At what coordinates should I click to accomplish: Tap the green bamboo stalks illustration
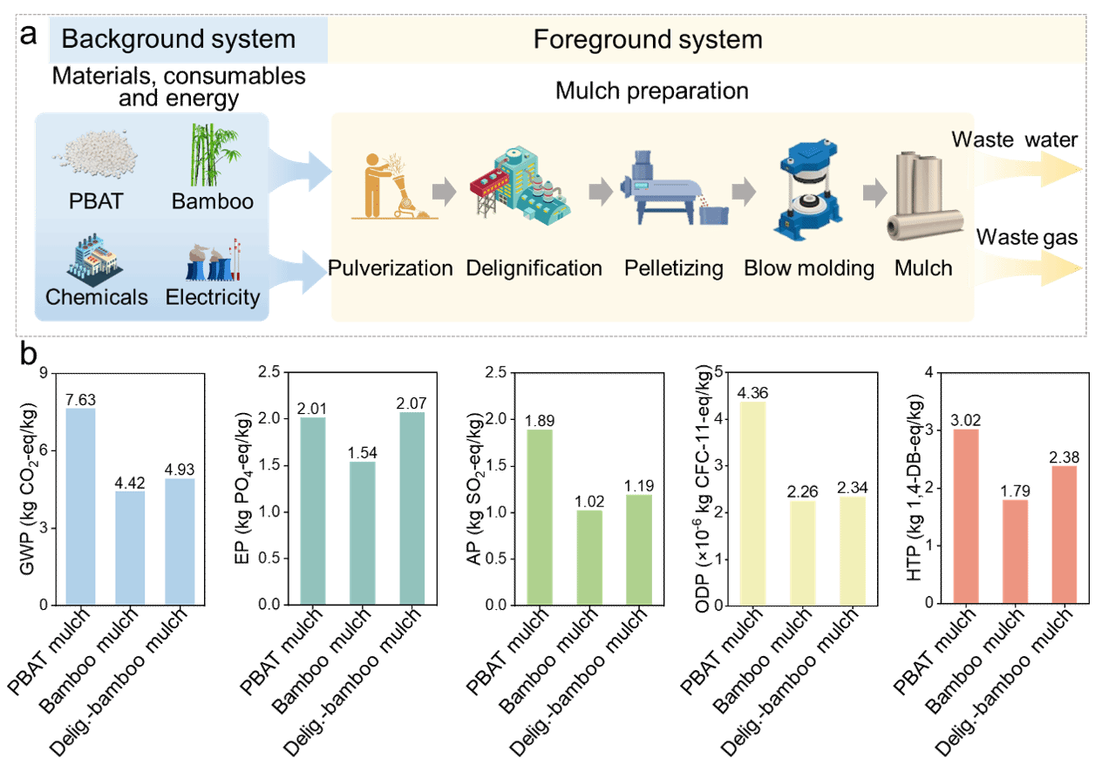coord(213,154)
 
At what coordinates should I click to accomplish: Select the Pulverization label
coord(390,268)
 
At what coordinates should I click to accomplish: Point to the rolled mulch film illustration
coord(923,195)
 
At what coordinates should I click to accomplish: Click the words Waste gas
coord(1027,237)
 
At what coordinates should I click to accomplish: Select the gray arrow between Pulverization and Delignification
coord(445,192)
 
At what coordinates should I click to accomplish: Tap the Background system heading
coord(179,39)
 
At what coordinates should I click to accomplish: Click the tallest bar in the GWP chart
coord(81,506)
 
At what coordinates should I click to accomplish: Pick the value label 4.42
coord(130,483)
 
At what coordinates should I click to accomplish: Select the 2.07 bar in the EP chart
coord(412,509)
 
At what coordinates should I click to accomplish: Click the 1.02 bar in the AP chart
coord(589,558)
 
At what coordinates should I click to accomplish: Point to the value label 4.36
coord(753,393)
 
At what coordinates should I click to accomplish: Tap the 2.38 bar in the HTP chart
coord(1064,535)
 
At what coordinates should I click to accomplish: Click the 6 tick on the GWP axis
coord(44,450)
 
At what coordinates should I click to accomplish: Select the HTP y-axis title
coord(914,488)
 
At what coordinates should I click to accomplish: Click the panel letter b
coord(29,353)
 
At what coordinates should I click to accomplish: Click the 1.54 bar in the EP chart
coord(363,533)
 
